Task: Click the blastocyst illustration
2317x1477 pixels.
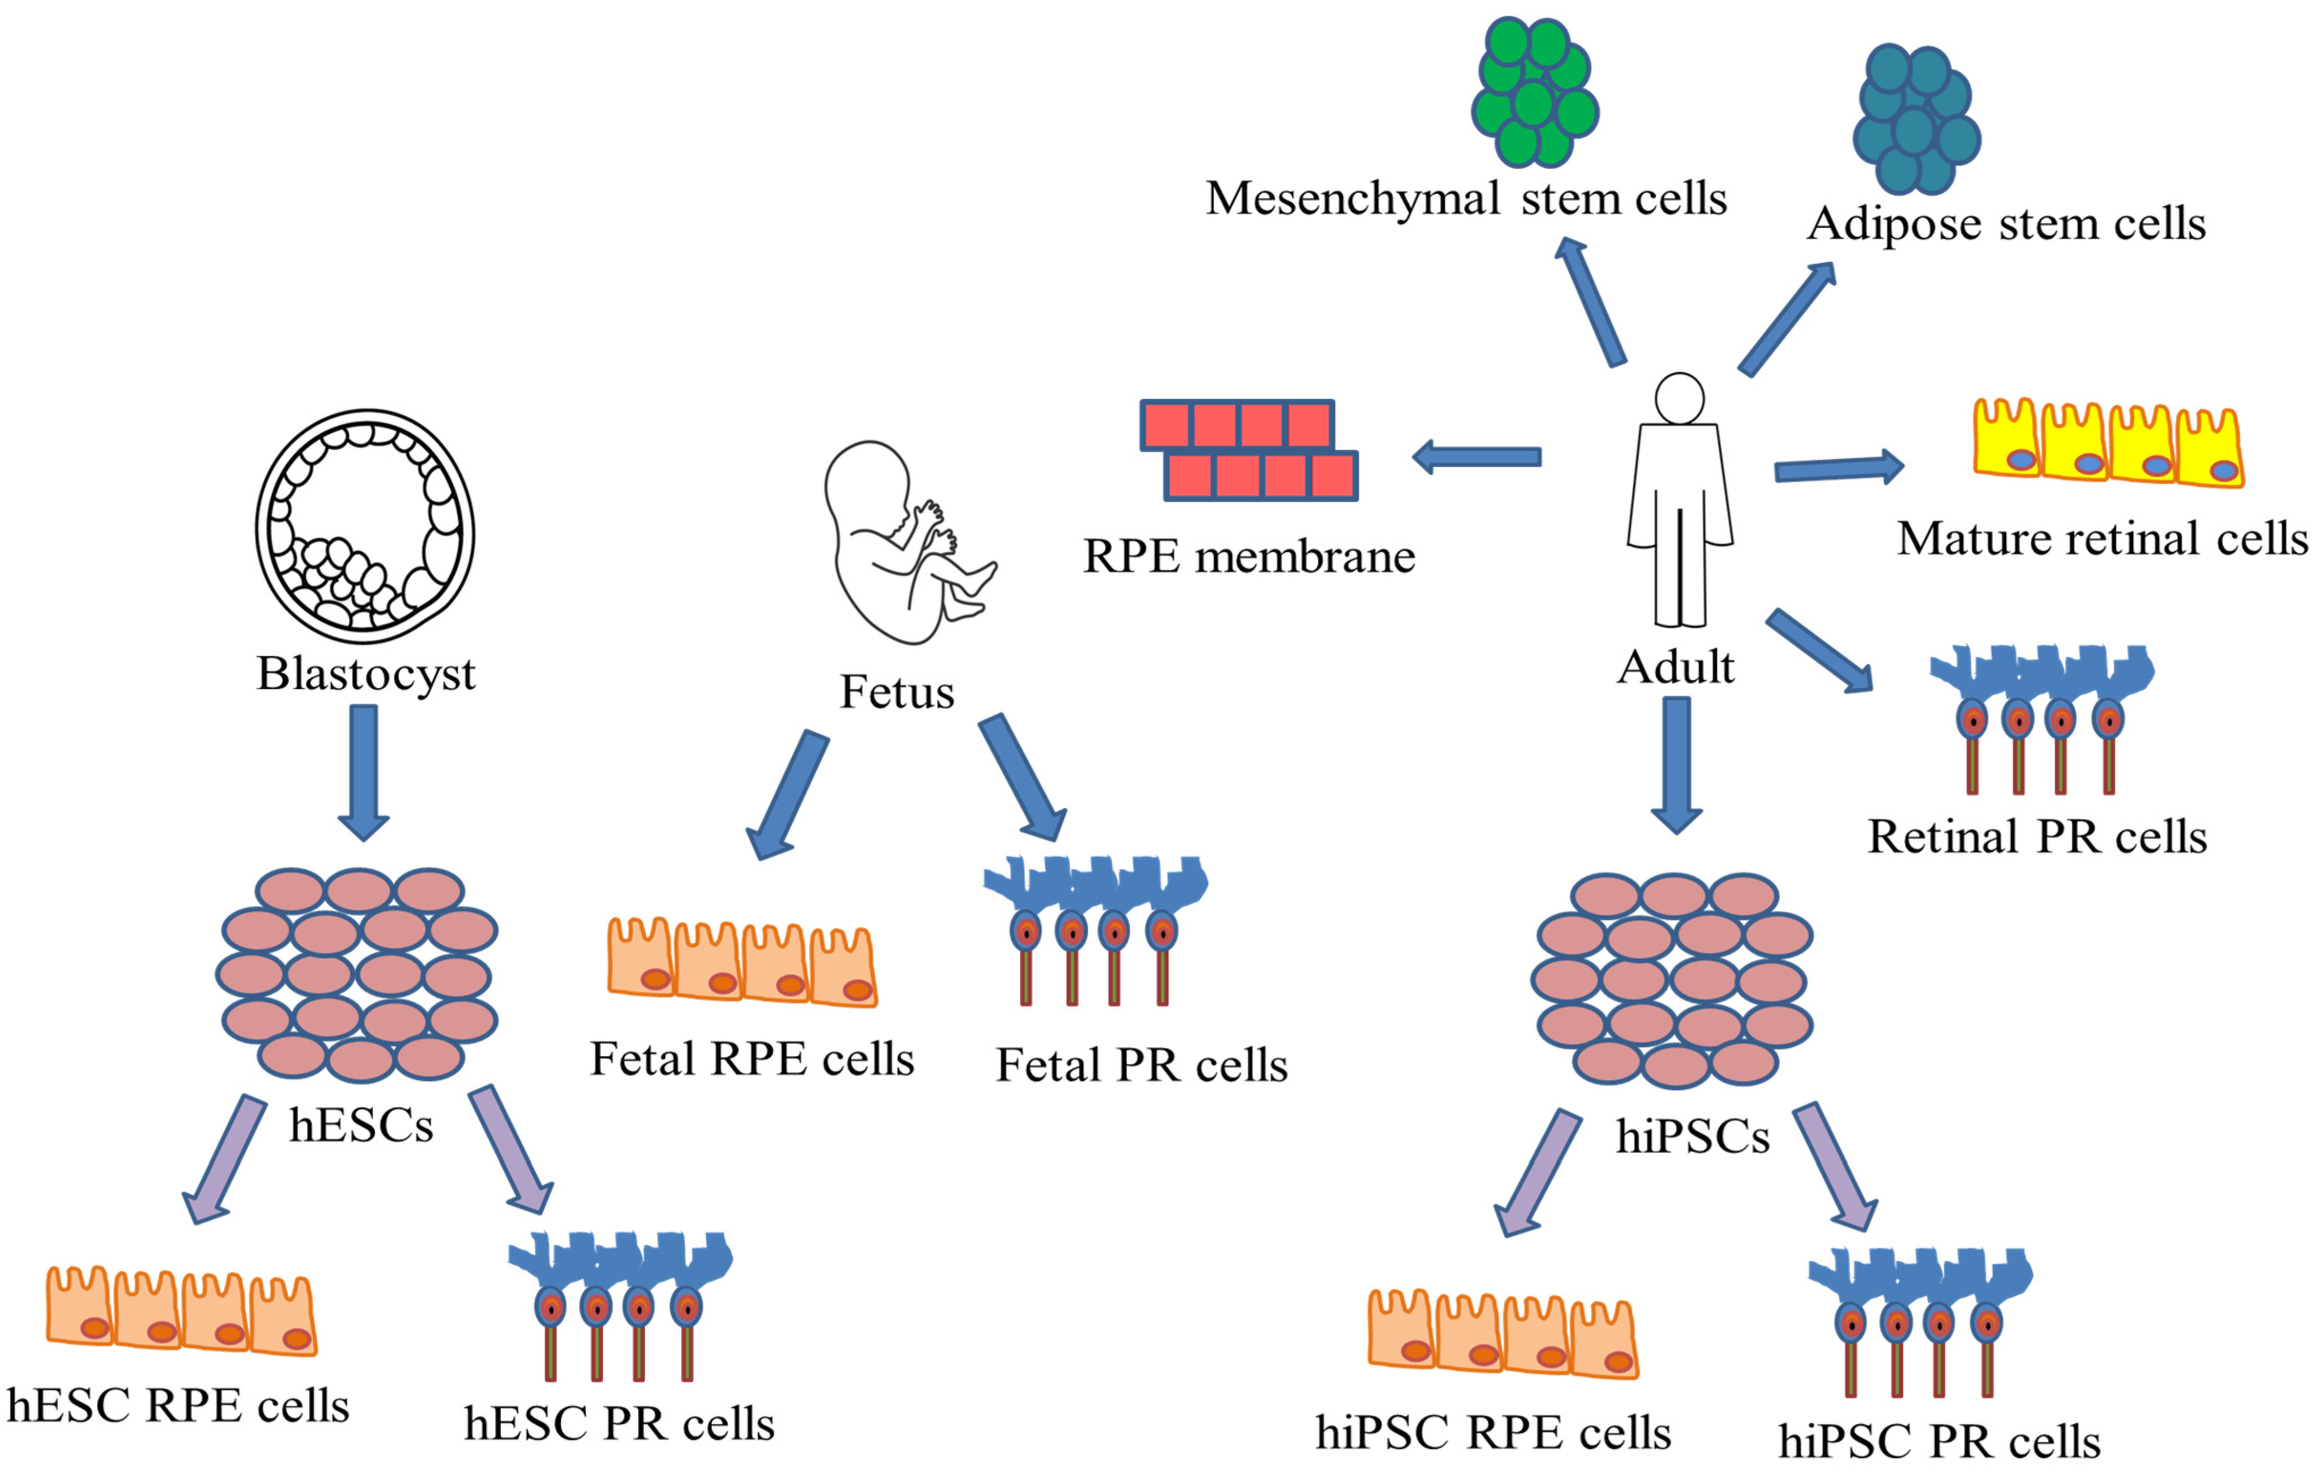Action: point(365,526)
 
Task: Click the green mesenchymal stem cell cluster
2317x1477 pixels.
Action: point(1534,91)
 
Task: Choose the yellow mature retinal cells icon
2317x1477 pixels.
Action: point(2107,445)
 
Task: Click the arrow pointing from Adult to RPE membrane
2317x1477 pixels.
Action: point(1477,457)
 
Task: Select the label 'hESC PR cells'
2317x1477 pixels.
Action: point(619,1423)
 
